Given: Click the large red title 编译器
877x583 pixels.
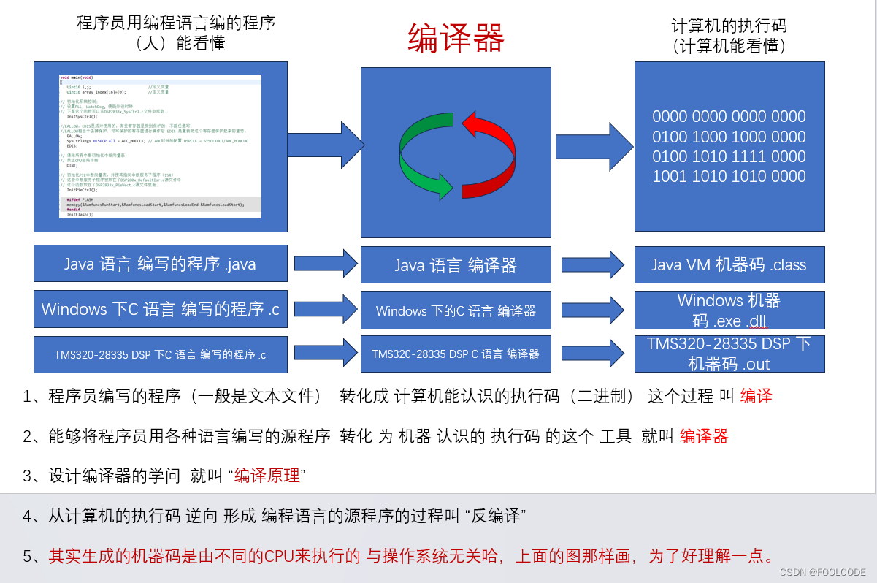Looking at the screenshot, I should tap(456, 38).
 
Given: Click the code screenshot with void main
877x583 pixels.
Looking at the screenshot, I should tap(160, 146).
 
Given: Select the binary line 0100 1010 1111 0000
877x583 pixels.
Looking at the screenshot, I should tap(729, 156).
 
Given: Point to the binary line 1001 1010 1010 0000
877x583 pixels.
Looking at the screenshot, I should tap(729, 176).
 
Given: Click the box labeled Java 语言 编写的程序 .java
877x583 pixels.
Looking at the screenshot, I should tap(160, 264).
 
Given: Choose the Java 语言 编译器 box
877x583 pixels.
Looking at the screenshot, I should tap(456, 265).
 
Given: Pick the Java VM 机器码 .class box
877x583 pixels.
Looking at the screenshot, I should tap(729, 264).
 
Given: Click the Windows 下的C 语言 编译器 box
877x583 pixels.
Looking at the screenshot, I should tap(456, 310).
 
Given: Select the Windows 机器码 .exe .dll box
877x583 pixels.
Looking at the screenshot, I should tap(729, 310).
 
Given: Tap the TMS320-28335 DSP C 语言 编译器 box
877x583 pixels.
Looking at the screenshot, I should tap(456, 354).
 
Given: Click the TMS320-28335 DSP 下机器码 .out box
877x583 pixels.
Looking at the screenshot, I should tap(729, 354).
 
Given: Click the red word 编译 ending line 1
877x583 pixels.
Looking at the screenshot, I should tap(756, 397).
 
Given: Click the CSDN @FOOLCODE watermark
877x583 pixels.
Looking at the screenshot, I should tap(822, 572).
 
